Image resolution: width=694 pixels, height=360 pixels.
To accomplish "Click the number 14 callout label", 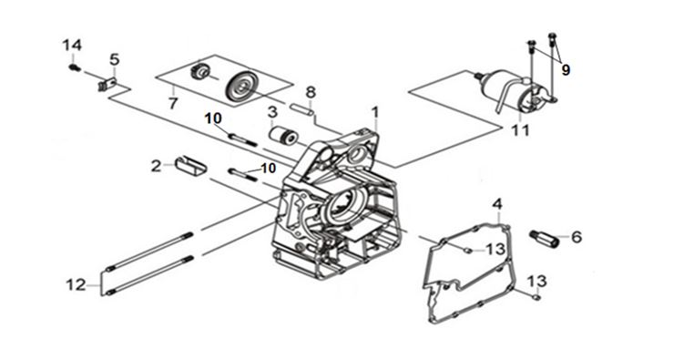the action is tap(72, 46).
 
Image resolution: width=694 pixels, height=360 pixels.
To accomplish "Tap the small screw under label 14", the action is tap(75, 67).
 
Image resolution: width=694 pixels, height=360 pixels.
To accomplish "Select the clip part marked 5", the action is tap(107, 84).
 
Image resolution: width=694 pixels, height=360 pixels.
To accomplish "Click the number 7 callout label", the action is tap(173, 103).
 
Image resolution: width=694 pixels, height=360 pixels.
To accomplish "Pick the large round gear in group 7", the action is tap(241, 87).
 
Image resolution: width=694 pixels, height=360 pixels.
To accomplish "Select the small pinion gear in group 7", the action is tap(199, 72).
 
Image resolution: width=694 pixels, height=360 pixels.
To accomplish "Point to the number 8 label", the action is tap(311, 93).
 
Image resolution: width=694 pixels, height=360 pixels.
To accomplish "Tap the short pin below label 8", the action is tap(302, 109).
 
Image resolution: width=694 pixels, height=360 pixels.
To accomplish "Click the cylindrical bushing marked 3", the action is tap(284, 135).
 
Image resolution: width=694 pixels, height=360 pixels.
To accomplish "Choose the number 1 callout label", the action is tap(375, 112).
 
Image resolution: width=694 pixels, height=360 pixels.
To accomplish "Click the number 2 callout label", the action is tap(157, 166).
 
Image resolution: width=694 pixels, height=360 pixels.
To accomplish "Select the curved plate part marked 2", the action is tap(190, 165).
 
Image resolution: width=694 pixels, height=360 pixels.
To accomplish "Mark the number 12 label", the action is tap(76, 284).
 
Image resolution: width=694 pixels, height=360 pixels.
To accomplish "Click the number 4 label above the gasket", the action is tap(497, 204).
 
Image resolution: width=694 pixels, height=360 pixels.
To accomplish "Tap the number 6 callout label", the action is tap(577, 237).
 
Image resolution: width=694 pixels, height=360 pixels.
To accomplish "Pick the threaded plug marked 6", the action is tap(545, 238).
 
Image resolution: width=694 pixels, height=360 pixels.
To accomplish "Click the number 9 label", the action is tap(566, 70).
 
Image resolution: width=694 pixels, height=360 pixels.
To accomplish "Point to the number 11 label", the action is tap(521, 130).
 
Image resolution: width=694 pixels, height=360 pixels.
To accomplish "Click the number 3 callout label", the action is tap(272, 111).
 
